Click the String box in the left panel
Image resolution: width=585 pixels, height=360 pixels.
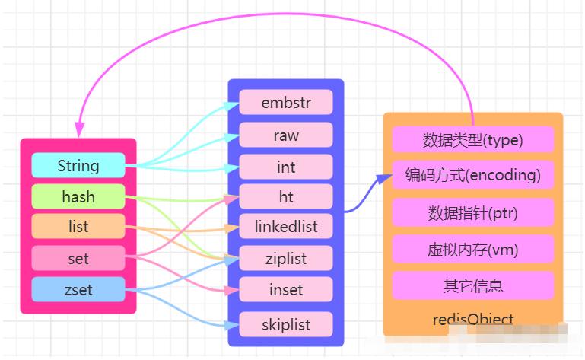point(78,165)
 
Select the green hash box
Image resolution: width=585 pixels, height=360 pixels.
point(78,197)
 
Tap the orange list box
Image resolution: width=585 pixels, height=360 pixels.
point(78,227)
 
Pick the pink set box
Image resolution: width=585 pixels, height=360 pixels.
point(78,259)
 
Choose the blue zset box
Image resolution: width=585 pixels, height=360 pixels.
point(78,289)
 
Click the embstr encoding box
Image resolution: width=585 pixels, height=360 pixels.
point(286,102)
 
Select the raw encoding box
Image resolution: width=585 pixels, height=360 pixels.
point(286,135)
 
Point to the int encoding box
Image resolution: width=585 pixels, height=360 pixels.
point(286,167)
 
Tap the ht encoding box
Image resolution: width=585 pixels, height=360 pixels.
point(286,197)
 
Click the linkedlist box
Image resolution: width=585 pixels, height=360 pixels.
point(286,226)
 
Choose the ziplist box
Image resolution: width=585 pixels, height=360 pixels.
point(286,258)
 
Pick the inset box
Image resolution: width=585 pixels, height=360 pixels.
point(286,289)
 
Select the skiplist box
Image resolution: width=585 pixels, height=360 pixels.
point(286,324)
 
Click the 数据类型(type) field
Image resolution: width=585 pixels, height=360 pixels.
point(472,140)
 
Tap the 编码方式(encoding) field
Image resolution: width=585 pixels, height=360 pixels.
point(472,175)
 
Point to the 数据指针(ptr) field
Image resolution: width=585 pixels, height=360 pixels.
point(472,212)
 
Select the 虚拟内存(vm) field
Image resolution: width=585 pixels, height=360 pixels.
point(472,249)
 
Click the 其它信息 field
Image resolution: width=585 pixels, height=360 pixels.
point(472,285)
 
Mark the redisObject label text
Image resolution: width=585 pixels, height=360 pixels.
point(472,320)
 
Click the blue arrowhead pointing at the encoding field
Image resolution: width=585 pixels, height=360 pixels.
point(380,180)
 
